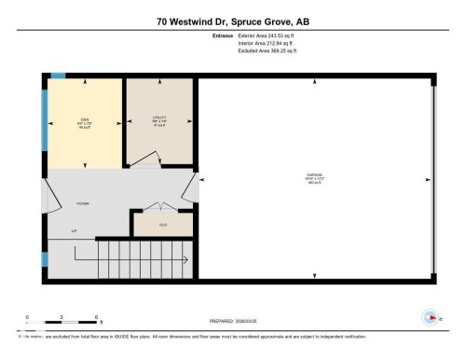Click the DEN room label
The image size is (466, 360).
(84, 120)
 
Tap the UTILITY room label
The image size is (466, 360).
(159, 119)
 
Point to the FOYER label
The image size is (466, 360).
(82, 202)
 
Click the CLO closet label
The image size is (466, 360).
(162, 225)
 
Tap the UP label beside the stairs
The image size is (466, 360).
(75, 230)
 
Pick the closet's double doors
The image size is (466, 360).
(162, 207)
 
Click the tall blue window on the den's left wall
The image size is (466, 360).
(44, 121)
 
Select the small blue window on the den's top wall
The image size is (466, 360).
(58, 76)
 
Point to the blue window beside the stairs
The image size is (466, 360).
(44, 257)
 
